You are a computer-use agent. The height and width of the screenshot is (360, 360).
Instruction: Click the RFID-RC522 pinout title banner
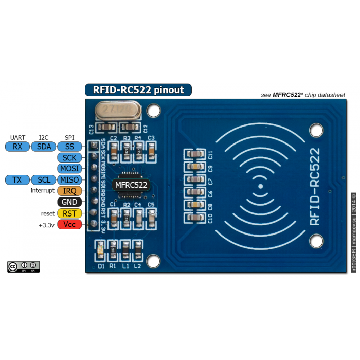[138, 90]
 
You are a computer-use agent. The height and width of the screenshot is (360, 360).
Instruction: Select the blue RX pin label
[17, 147]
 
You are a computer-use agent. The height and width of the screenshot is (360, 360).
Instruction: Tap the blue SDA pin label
[44, 147]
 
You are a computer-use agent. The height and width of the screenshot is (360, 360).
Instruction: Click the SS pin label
[69, 147]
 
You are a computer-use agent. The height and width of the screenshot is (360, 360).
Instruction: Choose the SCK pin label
[69, 157]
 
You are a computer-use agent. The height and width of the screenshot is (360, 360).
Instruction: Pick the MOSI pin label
[69, 168]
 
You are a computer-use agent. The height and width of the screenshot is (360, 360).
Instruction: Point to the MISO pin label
[69, 179]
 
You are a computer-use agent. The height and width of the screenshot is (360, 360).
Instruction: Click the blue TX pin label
[17, 179]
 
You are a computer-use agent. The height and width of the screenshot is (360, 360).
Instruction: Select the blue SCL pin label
[44, 179]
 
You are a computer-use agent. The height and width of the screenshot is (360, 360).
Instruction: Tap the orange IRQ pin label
[69, 191]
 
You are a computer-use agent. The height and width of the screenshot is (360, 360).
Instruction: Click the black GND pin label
[69, 202]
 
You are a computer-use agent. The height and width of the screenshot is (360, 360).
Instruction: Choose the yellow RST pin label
[69, 213]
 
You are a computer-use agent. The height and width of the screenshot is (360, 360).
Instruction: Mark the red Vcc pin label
[69, 224]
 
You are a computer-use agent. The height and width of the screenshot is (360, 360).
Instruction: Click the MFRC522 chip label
[131, 185]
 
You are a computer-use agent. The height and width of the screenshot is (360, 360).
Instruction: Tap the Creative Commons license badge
[23, 266]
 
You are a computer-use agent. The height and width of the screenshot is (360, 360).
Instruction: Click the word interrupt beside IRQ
[42, 191]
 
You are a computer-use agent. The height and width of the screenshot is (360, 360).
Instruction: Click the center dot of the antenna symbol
[261, 186]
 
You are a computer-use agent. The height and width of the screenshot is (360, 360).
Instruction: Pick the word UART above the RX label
[17, 137]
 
